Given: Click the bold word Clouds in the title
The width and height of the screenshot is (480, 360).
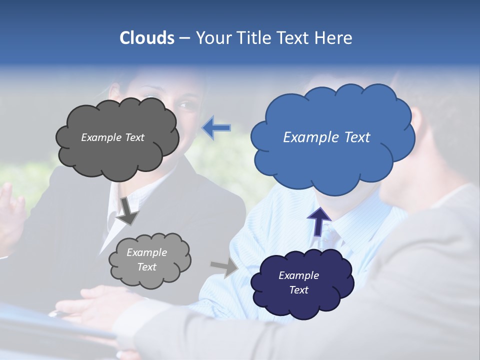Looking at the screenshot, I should click(x=146, y=38).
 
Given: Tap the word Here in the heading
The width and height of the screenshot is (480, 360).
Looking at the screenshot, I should click(x=334, y=38).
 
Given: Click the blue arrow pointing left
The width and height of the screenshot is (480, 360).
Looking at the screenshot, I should click(x=216, y=128).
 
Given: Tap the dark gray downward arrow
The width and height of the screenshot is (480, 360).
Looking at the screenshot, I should click(x=128, y=210).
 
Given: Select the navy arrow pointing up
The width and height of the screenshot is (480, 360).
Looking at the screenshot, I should click(x=319, y=221).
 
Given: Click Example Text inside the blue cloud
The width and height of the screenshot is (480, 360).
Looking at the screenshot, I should click(x=326, y=137).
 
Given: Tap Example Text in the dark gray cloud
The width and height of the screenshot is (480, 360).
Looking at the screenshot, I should click(x=112, y=137).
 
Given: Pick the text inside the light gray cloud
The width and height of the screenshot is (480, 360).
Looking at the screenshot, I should click(x=146, y=260).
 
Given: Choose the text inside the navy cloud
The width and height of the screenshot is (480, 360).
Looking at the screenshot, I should click(x=298, y=282).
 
